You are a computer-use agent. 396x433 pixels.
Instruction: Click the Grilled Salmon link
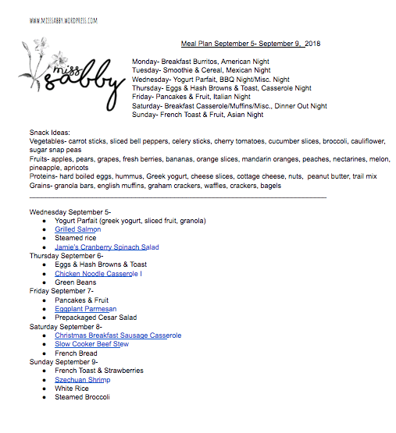[x=77, y=229]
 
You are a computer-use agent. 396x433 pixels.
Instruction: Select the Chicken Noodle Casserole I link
[x=98, y=274]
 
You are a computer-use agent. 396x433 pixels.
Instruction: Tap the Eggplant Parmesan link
[x=86, y=309]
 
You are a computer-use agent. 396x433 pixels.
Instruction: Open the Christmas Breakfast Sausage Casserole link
[x=118, y=335]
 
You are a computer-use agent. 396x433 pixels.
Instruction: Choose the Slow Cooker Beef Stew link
[x=91, y=344]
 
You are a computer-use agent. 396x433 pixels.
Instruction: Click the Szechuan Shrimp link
[x=82, y=380]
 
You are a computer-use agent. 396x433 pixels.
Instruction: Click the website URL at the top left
[x=64, y=21]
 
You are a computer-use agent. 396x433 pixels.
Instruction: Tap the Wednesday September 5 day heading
[x=70, y=211]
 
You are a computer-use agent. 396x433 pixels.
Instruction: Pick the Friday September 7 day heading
[x=62, y=291]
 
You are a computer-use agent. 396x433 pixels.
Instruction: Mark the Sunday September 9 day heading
[x=64, y=362]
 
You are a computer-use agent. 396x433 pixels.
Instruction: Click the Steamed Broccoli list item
[x=82, y=397]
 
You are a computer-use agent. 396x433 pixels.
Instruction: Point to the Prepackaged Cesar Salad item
[x=95, y=318]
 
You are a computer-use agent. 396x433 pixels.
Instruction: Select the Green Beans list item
[x=75, y=282]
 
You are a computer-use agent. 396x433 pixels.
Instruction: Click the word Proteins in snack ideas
[x=44, y=176]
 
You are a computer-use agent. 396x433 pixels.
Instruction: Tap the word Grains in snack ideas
[x=41, y=185]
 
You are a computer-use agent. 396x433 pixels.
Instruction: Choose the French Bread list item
[x=76, y=353]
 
